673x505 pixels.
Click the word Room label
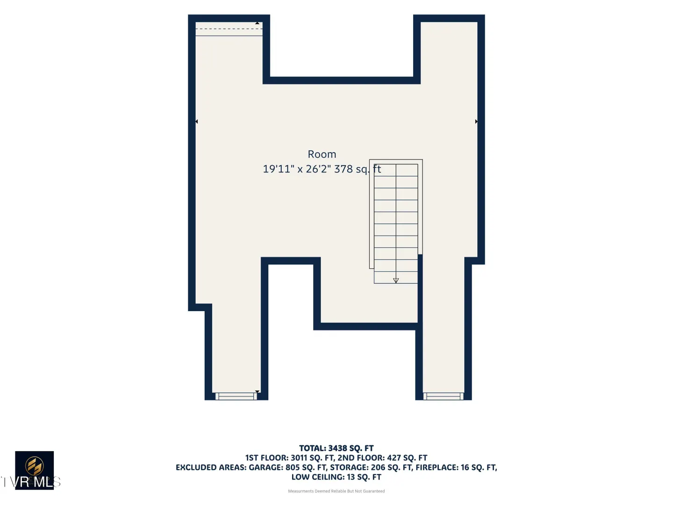pos(322,154)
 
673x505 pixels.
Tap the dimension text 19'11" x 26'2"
pos(297,169)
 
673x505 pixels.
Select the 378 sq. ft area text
pos(358,169)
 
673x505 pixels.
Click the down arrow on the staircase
pos(396,280)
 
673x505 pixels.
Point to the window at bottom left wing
pos(236,396)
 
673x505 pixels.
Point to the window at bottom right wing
pos(444,396)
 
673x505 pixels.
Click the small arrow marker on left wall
pos(197,122)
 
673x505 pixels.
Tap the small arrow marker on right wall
pos(476,122)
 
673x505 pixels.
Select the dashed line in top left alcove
pos(229,29)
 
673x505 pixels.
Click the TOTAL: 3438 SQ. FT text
pos(336,448)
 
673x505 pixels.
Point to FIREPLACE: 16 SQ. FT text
pos(456,467)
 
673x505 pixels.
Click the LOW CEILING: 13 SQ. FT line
pos(336,477)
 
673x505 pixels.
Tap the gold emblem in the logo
pos(34,466)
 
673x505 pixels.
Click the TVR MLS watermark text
pos(31,482)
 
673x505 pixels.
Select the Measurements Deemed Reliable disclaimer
pos(336,491)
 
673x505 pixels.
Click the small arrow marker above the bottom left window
pos(257,391)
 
